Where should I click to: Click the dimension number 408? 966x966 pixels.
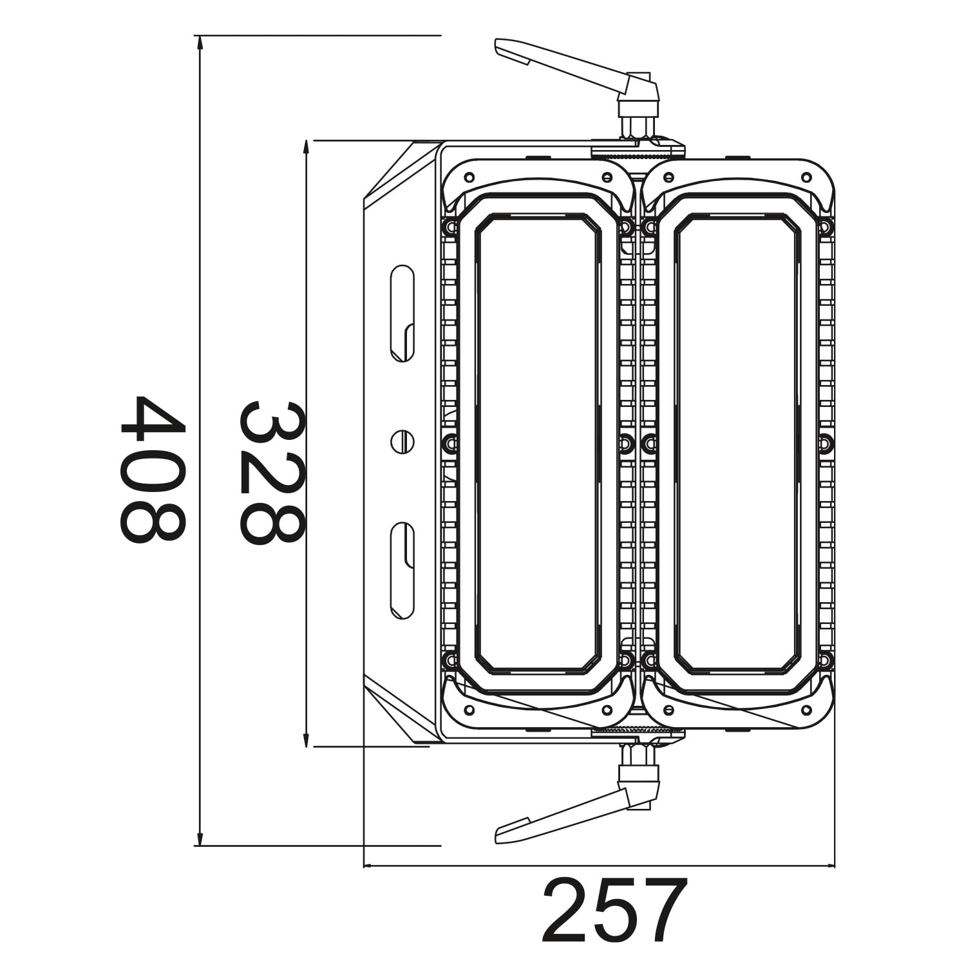(152, 469)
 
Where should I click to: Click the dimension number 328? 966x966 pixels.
(270, 473)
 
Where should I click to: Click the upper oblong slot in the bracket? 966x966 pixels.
(402, 313)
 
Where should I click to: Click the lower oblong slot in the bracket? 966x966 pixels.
(402, 571)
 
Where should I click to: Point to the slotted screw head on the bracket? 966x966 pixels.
(402, 442)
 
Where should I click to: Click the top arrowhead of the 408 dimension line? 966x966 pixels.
(200, 41)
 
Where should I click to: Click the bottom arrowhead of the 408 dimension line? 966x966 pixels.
(200, 840)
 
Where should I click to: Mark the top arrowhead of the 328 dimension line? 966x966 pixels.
(307, 146)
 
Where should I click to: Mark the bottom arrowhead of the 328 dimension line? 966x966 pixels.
(307, 741)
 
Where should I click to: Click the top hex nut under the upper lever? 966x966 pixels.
(638, 125)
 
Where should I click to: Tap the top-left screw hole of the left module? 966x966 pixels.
(469, 177)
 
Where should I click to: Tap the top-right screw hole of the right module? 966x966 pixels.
(805, 177)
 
